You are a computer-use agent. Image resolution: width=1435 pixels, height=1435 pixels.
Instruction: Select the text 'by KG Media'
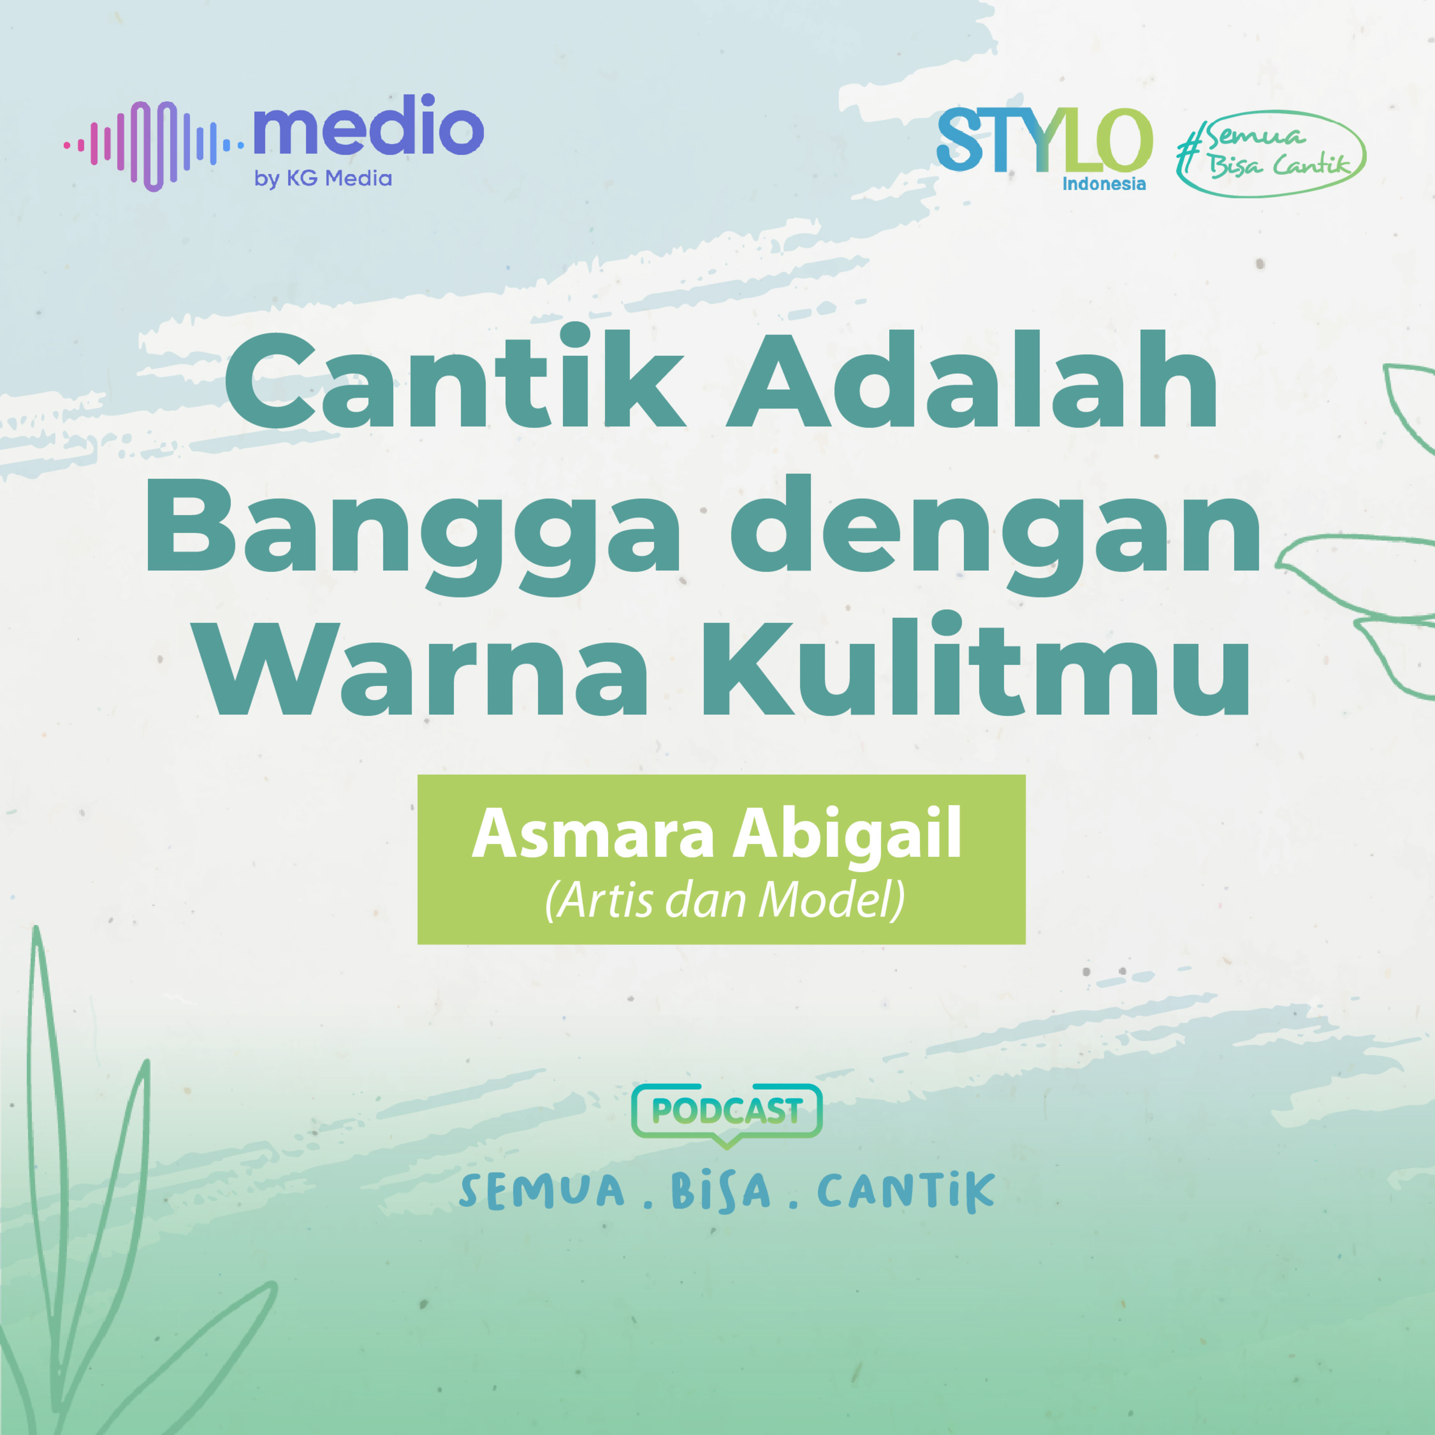coord(323,179)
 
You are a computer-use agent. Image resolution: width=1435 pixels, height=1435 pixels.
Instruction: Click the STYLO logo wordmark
coord(1044,140)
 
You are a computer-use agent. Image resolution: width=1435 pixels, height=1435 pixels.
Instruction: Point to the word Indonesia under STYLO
coord(1104,184)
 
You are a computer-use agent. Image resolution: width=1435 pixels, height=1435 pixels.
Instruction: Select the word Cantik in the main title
coord(454,379)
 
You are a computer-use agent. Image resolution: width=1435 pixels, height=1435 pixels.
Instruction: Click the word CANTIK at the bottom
coord(905,1192)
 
